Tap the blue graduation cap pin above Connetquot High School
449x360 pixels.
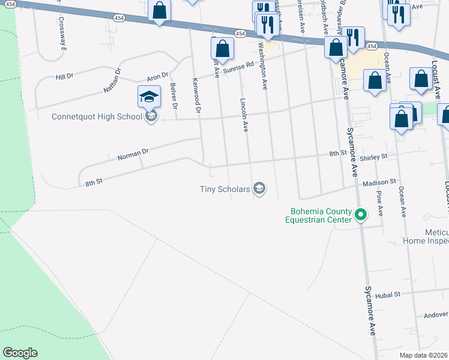(149, 97)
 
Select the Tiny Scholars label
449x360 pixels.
(224, 190)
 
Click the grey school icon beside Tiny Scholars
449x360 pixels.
(259, 190)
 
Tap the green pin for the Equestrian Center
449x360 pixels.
(361, 214)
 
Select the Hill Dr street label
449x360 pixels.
(64, 77)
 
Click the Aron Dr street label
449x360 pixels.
(157, 77)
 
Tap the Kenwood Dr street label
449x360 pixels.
(196, 95)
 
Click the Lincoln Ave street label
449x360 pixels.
(244, 115)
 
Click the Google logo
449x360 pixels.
(20, 353)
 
